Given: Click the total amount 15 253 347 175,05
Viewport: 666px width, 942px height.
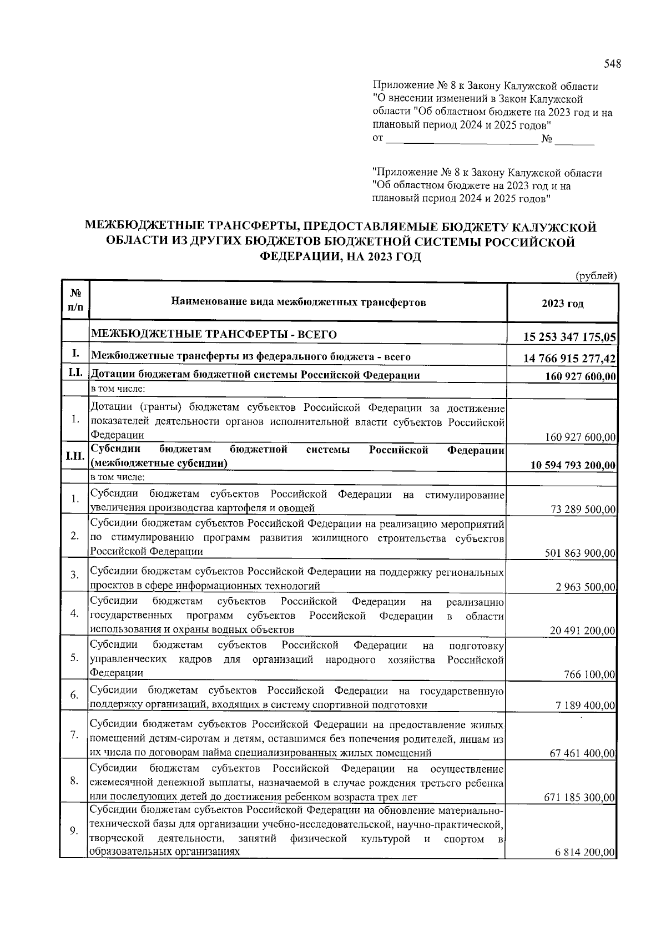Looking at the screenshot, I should pyautogui.click(x=570, y=337).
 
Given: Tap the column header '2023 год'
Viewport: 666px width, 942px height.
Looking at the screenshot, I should pyautogui.click(x=562, y=304).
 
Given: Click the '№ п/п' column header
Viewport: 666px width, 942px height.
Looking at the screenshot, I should pyautogui.click(x=74, y=303).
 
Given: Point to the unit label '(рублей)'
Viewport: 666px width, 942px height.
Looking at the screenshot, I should pyautogui.click(x=596, y=275).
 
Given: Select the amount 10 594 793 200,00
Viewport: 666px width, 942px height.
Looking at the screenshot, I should pyautogui.click(x=573, y=465).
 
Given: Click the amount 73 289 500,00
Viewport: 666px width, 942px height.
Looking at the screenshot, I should pyautogui.click(x=583, y=510).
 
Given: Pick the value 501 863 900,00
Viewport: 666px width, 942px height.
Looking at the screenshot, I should pyautogui.click(x=581, y=553).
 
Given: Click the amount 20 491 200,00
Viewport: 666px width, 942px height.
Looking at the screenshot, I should pyautogui.click(x=583, y=631).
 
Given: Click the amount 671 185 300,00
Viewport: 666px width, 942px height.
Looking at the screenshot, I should pyautogui.click(x=581, y=798).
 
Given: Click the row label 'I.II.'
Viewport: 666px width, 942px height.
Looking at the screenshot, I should pyautogui.click(x=74, y=456).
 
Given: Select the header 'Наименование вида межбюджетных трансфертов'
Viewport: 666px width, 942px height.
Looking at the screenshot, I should pyautogui.click(x=298, y=303).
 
